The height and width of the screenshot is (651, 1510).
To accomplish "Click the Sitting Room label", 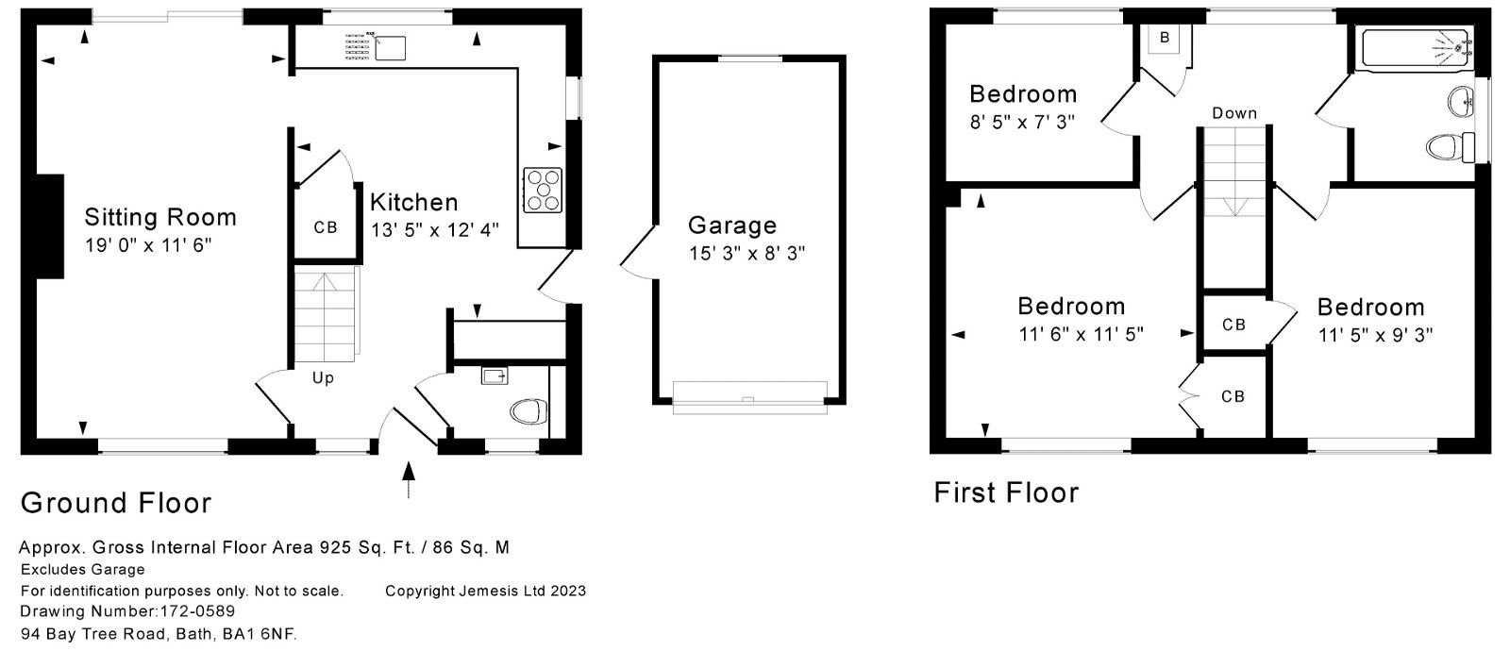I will click(160, 217).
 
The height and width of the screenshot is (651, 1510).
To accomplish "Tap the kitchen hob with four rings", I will click(543, 189).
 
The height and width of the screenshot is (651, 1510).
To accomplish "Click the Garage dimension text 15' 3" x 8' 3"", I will click(747, 254).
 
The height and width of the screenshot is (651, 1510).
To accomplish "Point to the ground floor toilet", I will click(528, 410).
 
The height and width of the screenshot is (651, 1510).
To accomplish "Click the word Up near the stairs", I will click(323, 378).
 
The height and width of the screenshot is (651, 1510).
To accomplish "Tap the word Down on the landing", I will click(1234, 113).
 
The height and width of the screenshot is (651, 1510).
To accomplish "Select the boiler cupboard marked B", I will click(1165, 38).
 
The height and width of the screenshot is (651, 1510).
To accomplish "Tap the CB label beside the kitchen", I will click(326, 227).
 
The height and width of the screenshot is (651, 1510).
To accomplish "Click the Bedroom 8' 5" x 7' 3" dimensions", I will click(1023, 122).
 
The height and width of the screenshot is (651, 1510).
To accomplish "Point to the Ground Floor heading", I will click(116, 503).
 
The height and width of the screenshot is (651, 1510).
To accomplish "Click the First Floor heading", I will click(1006, 492).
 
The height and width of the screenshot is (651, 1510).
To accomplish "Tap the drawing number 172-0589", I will click(195, 612).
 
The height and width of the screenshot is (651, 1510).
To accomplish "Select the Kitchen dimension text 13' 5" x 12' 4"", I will click(435, 229).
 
